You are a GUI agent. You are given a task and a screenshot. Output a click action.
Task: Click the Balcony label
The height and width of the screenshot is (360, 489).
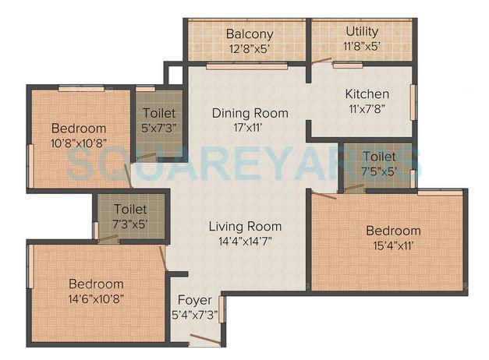(250, 34)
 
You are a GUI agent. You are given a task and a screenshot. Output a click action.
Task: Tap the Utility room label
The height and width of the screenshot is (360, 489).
(362, 32)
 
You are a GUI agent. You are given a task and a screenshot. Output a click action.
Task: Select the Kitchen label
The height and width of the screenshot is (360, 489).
(367, 94)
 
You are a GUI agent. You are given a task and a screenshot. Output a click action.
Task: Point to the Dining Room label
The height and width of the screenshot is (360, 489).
(250, 113)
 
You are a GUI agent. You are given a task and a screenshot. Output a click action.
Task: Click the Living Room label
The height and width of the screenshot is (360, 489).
(245, 227)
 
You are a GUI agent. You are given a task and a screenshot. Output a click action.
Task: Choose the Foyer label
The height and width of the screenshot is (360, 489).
(194, 300)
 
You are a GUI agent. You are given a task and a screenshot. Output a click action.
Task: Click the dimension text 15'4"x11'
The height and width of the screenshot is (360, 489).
(394, 245)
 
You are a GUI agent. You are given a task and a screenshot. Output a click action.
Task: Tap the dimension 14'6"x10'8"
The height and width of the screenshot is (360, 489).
(96, 298)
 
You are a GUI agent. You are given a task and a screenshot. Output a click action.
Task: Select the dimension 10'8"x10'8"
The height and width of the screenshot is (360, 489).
(79, 143)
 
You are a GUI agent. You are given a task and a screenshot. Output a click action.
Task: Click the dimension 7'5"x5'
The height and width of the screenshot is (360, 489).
(379, 171)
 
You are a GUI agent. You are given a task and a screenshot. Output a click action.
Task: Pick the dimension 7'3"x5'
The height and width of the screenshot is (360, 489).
(130, 224)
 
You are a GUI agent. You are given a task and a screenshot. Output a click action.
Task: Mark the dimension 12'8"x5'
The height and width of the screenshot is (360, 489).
(250, 48)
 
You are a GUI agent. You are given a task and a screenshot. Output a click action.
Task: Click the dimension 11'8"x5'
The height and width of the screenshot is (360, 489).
(362, 46)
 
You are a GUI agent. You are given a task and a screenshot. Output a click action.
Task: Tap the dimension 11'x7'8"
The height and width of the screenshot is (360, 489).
(367, 109)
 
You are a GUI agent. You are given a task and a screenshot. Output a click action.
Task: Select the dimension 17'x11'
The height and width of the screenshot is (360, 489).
(250, 128)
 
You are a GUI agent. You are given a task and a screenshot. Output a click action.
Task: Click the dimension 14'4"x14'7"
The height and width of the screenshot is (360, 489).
(245, 242)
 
